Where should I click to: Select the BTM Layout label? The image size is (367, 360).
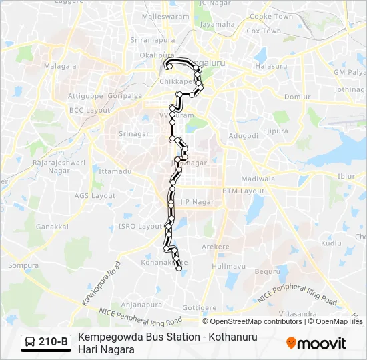(x=243, y=191)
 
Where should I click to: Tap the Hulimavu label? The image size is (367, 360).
(x=229, y=266)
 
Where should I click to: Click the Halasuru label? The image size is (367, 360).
(x=270, y=66)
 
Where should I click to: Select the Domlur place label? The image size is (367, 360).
(x=297, y=97)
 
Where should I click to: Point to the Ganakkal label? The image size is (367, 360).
(x=52, y=227)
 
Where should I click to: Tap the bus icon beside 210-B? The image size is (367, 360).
(x=30, y=343)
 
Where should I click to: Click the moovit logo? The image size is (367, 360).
(x=316, y=343)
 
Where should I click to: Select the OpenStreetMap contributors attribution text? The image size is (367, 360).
(x=256, y=321)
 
